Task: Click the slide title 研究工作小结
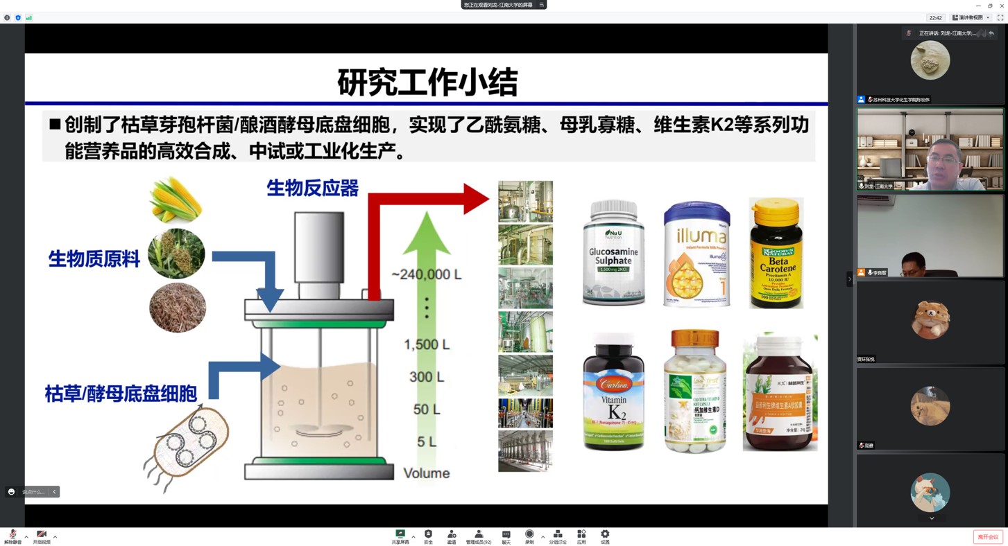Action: tap(427, 82)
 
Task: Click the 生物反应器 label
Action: tap(312, 188)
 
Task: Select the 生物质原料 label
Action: tap(94, 259)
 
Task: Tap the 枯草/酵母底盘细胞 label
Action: tap(121, 394)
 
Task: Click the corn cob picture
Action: tap(176, 200)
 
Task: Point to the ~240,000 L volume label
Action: tap(426, 274)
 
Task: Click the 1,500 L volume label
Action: tap(426, 344)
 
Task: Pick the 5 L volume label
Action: tap(426, 441)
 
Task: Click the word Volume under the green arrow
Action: tap(426, 473)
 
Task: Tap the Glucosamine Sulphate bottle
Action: tap(613, 253)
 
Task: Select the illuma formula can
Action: tap(696, 254)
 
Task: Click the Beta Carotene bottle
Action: tap(776, 253)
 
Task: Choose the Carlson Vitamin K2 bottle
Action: tap(613, 391)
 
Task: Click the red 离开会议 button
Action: tap(988, 537)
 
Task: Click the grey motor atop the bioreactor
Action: tap(318, 247)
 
